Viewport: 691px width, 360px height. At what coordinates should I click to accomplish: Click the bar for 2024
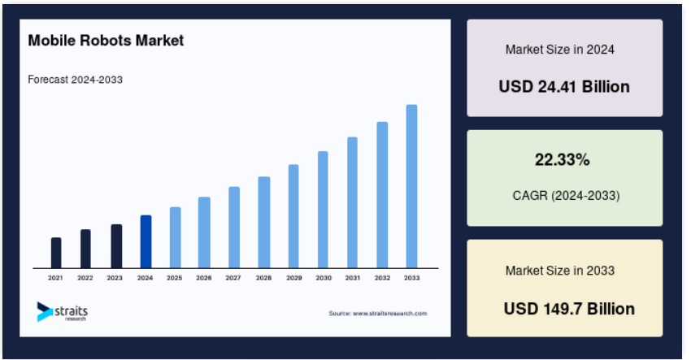click(146, 241)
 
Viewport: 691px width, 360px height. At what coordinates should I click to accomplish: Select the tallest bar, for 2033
click(411, 186)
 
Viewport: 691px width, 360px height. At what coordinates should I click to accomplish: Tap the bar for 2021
click(56, 253)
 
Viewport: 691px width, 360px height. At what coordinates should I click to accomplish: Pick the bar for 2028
click(264, 222)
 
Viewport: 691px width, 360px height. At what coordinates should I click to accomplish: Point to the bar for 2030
click(323, 210)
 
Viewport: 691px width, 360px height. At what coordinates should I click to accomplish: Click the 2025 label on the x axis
click(175, 278)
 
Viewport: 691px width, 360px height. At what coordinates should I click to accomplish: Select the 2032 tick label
click(383, 278)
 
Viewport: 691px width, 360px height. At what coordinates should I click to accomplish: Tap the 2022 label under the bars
click(85, 278)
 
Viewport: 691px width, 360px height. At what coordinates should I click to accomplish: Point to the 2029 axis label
click(294, 278)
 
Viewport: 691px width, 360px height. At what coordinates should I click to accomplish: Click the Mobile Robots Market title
click(106, 41)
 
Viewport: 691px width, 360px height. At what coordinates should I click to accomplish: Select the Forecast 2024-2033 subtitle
click(76, 80)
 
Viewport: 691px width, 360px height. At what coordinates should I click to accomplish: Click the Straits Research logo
click(62, 311)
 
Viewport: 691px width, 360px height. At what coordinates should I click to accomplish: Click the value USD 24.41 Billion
click(564, 86)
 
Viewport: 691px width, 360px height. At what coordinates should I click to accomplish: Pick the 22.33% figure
click(563, 159)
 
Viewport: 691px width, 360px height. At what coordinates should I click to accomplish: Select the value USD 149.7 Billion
click(569, 309)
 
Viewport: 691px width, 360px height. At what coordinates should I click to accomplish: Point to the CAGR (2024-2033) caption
click(567, 195)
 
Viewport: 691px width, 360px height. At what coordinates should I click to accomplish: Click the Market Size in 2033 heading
click(560, 271)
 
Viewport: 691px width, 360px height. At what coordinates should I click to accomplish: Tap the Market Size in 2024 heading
click(560, 50)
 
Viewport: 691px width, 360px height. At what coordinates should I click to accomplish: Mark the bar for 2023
click(116, 246)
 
